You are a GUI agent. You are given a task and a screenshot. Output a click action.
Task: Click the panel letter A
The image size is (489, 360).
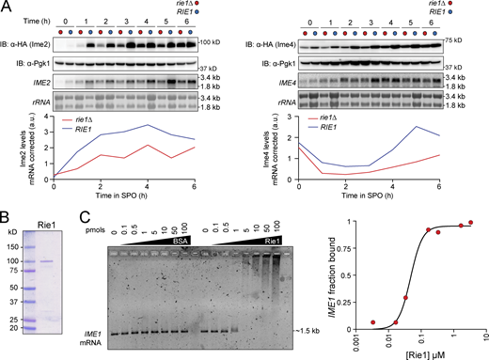click(7, 7)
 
